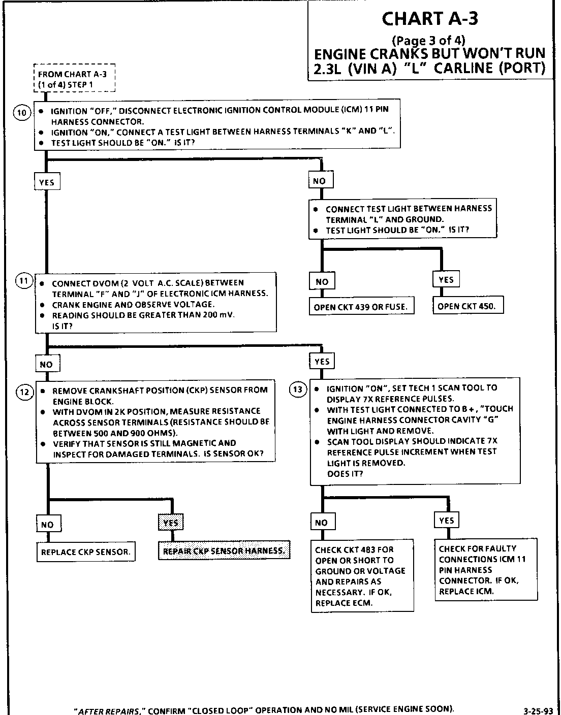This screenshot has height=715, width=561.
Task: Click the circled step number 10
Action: (21, 113)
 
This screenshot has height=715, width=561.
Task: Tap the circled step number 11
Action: (23, 281)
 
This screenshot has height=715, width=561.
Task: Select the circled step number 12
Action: (24, 391)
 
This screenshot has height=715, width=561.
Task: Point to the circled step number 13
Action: (298, 389)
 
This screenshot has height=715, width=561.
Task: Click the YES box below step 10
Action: (47, 181)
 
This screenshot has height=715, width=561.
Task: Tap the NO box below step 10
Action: (320, 180)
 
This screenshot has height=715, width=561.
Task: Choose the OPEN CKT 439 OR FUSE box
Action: (361, 307)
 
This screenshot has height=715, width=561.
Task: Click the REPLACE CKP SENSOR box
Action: (85, 552)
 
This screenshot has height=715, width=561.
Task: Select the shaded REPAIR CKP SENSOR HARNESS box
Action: (224, 550)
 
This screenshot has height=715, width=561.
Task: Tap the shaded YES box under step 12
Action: (171, 522)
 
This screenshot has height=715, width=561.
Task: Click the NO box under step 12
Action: (48, 524)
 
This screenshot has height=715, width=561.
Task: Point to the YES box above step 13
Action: (322, 361)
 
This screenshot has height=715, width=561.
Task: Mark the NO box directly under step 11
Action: (47, 364)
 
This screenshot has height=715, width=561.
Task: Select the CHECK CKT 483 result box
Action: (362, 576)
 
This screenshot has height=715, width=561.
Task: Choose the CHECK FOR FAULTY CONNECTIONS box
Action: (486, 570)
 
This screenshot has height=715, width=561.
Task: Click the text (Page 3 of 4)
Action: (429, 41)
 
